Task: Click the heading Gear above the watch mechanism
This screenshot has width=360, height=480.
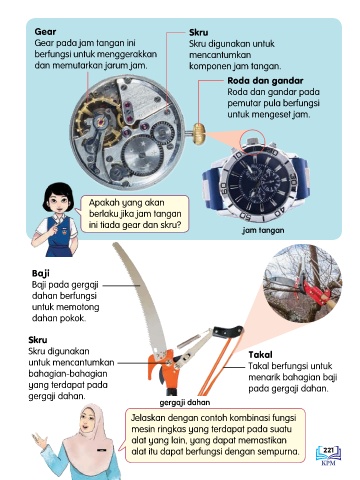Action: [x=45, y=32]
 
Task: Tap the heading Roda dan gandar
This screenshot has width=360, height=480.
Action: [x=265, y=81]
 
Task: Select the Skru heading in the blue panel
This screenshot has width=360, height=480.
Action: [x=199, y=33]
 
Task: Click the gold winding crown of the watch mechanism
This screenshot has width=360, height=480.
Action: [x=199, y=134]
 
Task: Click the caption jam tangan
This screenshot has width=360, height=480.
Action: [x=263, y=230]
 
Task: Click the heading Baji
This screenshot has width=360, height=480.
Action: [x=41, y=274]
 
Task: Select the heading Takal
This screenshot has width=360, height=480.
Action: [x=260, y=355]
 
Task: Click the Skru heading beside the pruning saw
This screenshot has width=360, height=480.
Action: [x=38, y=340]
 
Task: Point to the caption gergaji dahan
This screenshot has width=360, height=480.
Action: [x=185, y=403]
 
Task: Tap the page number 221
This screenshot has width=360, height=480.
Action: [x=328, y=451]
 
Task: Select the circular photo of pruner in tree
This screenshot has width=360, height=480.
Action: [x=303, y=284]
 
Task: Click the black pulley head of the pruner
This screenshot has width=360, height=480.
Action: [x=229, y=331]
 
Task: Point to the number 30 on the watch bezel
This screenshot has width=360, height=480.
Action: [x=292, y=177]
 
